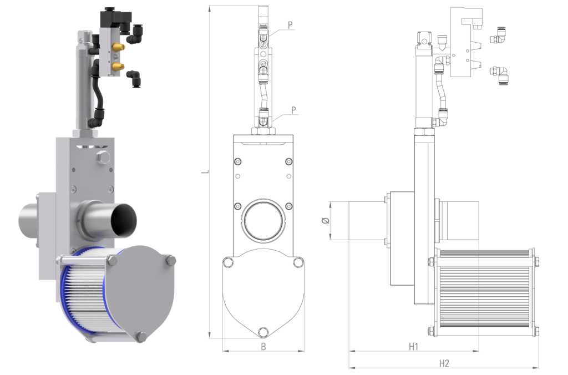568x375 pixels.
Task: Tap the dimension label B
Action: tap(263, 347)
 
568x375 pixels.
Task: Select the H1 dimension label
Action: tap(413, 347)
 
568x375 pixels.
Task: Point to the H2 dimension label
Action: tap(444, 363)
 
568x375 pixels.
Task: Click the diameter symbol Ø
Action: tap(326, 220)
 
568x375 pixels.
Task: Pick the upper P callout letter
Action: tap(290, 25)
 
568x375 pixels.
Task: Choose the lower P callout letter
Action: tap(293, 110)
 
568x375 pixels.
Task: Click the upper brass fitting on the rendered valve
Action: tap(118, 47)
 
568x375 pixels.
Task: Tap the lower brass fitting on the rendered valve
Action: tap(118, 67)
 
